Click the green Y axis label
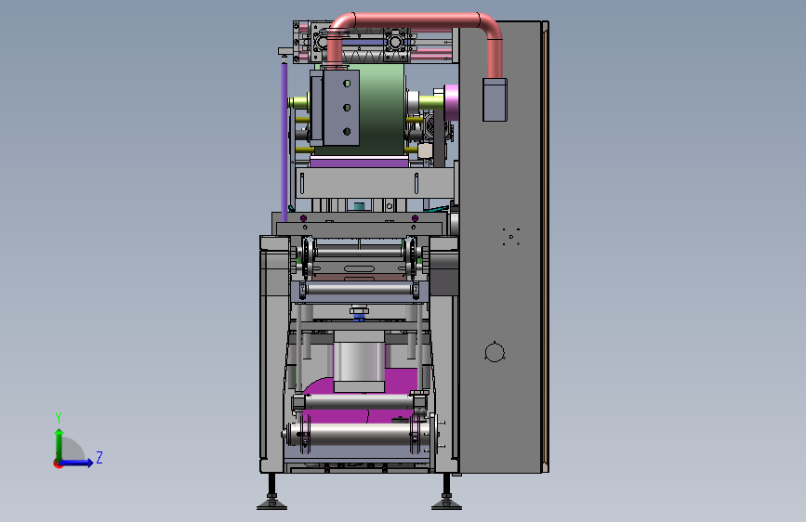(x=59, y=417)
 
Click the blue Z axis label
(x=99, y=457)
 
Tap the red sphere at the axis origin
(x=58, y=463)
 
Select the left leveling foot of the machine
(x=271, y=493)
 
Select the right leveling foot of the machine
(x=446, y=493)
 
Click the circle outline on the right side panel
(x=495, y=352)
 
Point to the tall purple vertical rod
(x=284, y=141)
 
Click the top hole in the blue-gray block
(x=347, y=84)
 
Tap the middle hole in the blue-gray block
(x=347, y=108)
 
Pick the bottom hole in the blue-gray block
(x=347, y=132)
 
